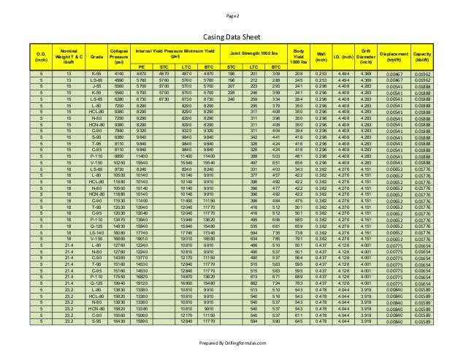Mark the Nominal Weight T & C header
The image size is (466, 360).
point(68,53)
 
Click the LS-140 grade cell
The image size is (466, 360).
point(93,231)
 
